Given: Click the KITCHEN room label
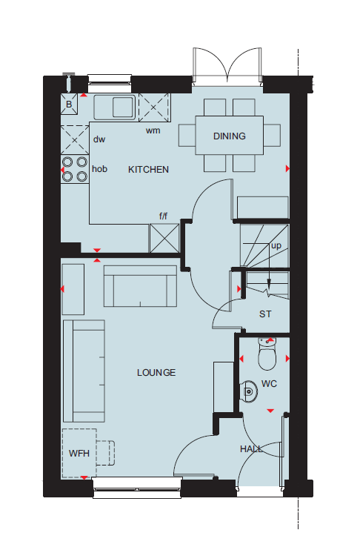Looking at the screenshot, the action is click(x=148, y=170).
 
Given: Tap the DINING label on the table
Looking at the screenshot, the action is click(x=229, y=136).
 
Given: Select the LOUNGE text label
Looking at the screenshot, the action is click(x=156, y=373).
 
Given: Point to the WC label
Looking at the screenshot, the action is click(x=269, y=384).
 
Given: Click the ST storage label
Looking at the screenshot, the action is click(x=265, y=314).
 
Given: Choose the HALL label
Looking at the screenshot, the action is click(x=251, y=449).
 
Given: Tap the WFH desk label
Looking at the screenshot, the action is click(x=79, y=454).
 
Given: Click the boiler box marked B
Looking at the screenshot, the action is click(x=69, y=105).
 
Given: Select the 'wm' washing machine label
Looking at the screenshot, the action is click(x=153, y=131).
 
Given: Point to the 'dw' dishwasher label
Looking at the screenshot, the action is click(x=99, y=139).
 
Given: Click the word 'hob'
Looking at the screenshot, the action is click(x=99, y=169).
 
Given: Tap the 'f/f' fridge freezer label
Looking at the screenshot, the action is click(x=164, y=216).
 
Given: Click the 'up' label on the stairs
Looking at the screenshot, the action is click(x=276, y=246).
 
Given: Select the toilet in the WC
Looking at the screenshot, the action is click(x=267, y=354).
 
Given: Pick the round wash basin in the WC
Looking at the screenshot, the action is click(x=249, y=390).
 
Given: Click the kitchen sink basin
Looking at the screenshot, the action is click(x=124, y=107).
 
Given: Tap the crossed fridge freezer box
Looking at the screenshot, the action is click(x=164, y=238).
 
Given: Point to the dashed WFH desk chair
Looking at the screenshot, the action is click(x=105, y=453).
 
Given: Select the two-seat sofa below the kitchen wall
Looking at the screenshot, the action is click(x=140, y=286).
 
